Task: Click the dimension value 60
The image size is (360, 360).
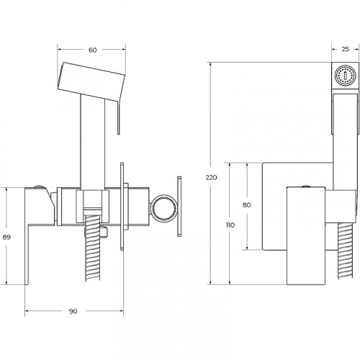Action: pos(92,50)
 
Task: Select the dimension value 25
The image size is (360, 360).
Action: pos(345,49)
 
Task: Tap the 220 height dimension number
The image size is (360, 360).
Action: pos(211,177)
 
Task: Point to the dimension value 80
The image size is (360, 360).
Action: pos(246,204)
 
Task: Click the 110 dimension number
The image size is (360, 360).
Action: pos(230,225)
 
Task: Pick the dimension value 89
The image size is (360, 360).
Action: pos(6,237)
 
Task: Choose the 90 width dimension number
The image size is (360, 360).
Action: pos(73,311)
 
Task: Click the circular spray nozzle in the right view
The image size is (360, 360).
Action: pos(345,76)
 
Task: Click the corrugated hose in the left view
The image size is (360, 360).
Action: pos(92,247)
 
